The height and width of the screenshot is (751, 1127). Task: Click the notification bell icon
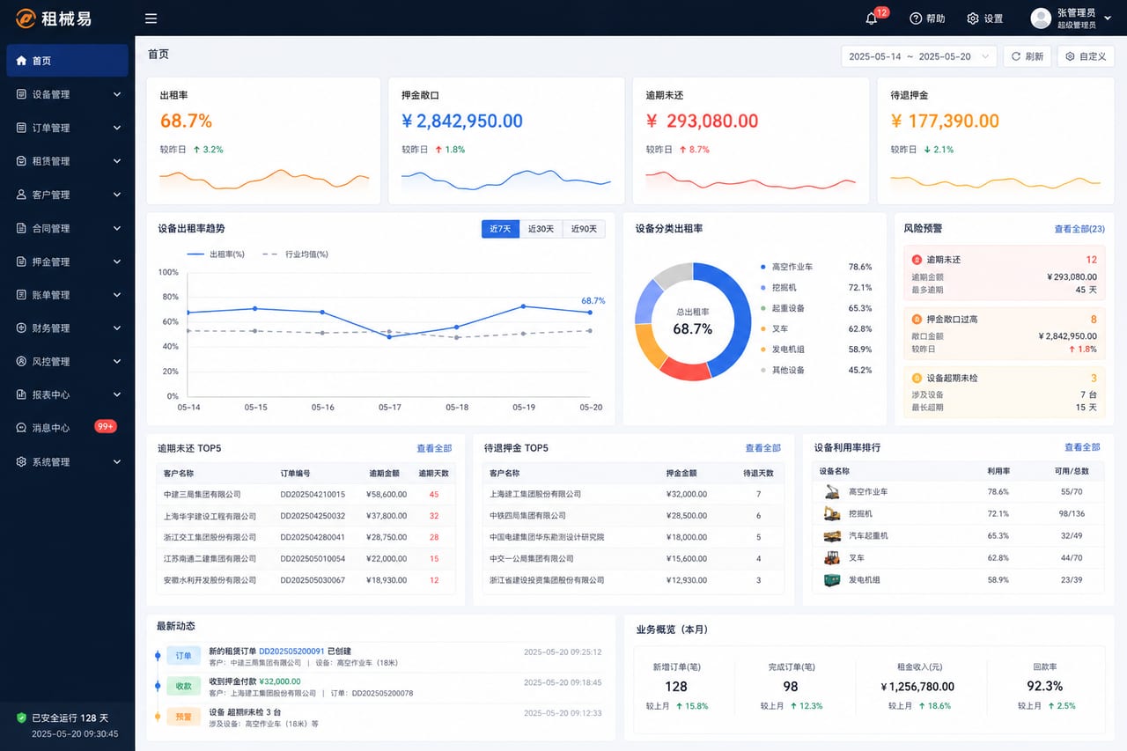(x=871, y=18)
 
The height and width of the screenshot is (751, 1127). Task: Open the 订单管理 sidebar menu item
(x=68, y=128)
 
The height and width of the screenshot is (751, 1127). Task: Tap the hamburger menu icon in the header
(x=151, y=18)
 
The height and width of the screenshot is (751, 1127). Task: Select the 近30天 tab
(x=541, y=229)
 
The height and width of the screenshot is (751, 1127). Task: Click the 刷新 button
(x=1028, y=56)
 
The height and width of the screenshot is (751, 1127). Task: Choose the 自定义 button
(x=1086, y=56)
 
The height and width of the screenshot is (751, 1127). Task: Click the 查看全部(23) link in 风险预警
(x=1079, y=229)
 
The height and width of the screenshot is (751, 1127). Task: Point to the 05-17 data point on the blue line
(x=389, y=337)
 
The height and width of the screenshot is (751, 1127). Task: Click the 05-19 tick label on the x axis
(x=524, y=407)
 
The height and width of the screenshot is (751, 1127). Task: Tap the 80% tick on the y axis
(x=170, y=297)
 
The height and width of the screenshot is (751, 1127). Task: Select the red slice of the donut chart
(x=684, y=369)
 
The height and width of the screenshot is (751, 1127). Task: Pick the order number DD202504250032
(x=313, y=516)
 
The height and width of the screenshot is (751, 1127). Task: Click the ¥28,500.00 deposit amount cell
(x=686, y=516)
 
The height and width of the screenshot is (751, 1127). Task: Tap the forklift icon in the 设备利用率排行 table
(x=832, y=558)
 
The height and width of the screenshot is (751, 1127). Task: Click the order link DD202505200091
(x=291, y=651)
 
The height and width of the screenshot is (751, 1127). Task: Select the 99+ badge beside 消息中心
(x=106, y=426)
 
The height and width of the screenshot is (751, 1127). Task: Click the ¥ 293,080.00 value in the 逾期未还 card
(x=702, y=121)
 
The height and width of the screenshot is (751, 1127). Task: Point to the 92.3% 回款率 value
(x=1044, y=686)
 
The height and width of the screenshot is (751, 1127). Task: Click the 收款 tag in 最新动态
(x=184, y=686)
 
